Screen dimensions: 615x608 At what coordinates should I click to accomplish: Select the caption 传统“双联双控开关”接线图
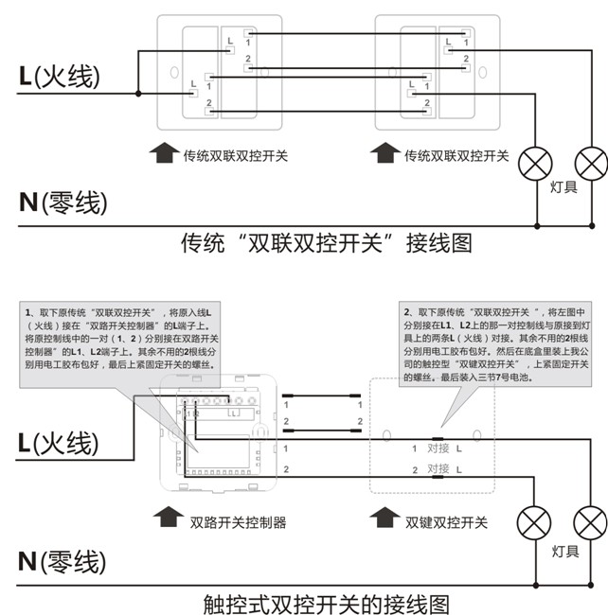pyautogui.click(x=326, y=243)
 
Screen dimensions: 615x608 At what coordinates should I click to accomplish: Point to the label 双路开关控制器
pyautogui.click(x=238, y=521)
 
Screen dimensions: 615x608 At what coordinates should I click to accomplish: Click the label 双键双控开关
pyautogui.click(x=446, y=521)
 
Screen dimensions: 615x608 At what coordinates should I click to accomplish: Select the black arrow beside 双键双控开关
pyautogui.click(x=384, y=519)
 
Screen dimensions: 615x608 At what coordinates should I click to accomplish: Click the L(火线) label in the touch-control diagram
pyautogui.click(x=59, y=442)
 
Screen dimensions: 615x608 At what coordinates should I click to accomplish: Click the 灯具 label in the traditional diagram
pyautogui.click(x=564, y=187)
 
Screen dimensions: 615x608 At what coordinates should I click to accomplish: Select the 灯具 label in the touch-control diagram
pyautogui.click(x=564, y=551)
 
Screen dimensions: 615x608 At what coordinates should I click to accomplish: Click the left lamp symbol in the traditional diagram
pyautogui.click(x=538, y=163)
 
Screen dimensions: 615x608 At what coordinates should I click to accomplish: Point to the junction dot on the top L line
pyautogui.click(x=138, y=93)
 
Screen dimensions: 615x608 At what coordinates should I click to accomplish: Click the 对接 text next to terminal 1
pyautogui.click(x=438, y=448)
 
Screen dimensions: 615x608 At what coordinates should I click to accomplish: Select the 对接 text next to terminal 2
pyautogui.click(x=438, y=469)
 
